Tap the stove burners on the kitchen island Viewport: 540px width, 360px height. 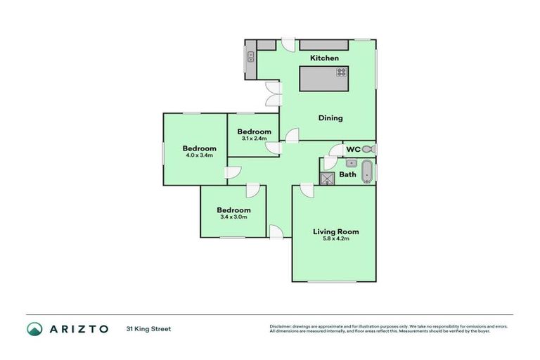point(341,72)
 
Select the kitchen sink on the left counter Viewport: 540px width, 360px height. point(250,56)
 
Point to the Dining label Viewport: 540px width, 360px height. point(330,118)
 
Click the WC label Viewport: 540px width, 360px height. point(352,150)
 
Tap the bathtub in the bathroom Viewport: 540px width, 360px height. point(366,172)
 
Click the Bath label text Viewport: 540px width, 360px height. point(347,174)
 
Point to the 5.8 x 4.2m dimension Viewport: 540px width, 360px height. point(335,239)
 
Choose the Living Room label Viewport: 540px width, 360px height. point(335,231)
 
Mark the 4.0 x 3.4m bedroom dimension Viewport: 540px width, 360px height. point(200,155)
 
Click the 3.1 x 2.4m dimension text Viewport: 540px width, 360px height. point(254,139)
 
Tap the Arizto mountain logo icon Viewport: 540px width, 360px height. point(34,328)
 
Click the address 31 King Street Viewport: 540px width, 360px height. point(148,328)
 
